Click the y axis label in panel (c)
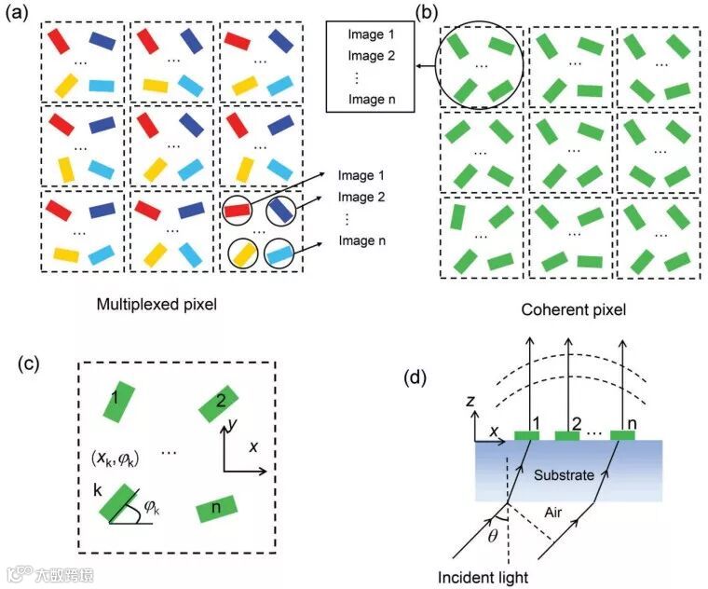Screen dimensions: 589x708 coord(227,426)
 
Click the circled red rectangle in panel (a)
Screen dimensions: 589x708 coord(238,211)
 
